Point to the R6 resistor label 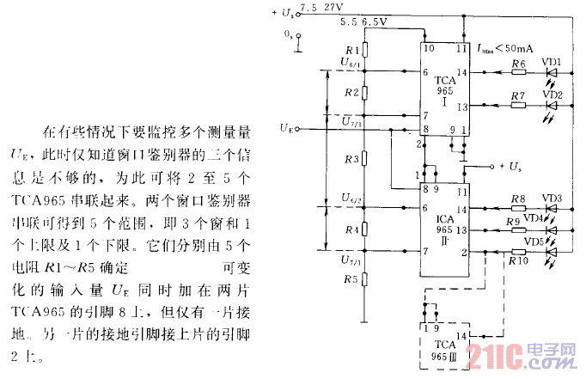pyautogui.click(x=518, y=64)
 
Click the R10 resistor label pyautogui.click(x=518, y=259)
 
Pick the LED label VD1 pyautogui.click(x=552, y=63)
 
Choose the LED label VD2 pyautogui.click(x=552, y=95)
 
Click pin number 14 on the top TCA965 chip pyautogui.click(x=461, y=73)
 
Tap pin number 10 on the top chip pyautogui.click(x=428, y=49)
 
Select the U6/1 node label pyautogui.click(x=350, y=64)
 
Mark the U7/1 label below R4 pyautogui.click(x=350, y=260)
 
